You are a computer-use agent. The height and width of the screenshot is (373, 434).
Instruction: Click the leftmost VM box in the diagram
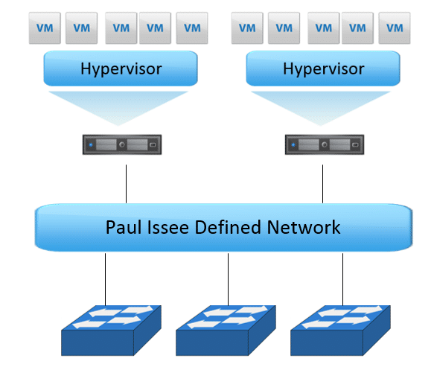[45, 28]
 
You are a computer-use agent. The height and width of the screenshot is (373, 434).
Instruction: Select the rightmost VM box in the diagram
[395, 28]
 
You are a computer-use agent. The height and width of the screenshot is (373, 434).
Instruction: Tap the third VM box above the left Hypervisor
[121, 28]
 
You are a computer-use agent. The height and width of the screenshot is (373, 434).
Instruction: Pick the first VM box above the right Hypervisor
[247, 28]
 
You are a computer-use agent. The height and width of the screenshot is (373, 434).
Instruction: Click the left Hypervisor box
[121, 68]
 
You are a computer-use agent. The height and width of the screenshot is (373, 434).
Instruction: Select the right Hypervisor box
[323, 68]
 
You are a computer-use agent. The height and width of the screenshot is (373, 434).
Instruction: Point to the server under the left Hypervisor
[122, 144]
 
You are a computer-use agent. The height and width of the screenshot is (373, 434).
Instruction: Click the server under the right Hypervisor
[325, 144]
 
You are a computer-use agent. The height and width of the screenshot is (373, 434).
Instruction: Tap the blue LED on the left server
[91, 144]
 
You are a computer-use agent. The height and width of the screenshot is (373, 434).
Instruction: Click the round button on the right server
[325, 144]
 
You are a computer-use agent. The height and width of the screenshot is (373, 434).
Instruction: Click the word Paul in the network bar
[123, 227]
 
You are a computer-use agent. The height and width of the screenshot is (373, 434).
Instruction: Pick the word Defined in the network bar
[228, 227]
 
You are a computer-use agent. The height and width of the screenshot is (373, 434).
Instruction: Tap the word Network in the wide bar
[304, 227]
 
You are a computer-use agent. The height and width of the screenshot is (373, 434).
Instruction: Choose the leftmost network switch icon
[111, 331]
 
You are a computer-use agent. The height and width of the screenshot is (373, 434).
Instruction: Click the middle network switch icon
[226, 331]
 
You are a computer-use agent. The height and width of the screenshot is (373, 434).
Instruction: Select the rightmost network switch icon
[340, 331]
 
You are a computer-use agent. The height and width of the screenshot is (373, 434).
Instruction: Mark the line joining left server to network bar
[127, 184]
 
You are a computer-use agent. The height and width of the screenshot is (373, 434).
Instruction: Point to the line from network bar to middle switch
[228, 279]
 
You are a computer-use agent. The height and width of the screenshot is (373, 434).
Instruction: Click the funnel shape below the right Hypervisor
[321, 105]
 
